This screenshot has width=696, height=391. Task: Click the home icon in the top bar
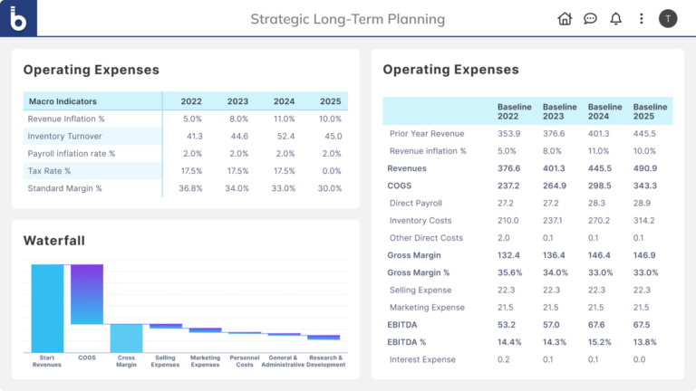(x=565, y=18)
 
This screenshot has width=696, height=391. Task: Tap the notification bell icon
(x=616, y=18)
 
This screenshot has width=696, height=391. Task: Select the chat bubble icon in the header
(x=590, y=18)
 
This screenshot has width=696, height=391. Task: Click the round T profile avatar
(x=668, y=18)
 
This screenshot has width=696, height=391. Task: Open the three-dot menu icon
(x=642, y=18)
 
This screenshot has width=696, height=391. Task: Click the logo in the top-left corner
(x=18, y=18)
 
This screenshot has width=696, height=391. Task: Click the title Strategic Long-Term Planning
(x=347, y=19)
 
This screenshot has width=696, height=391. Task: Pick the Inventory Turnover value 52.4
(x=285, y=136)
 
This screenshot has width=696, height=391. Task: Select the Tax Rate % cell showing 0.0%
(x=330, y=171)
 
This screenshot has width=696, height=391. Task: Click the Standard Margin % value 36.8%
(x=191, y=188)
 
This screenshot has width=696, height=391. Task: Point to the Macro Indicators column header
(x=63, y=101)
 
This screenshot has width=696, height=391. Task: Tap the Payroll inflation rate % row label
(x=72, y=154)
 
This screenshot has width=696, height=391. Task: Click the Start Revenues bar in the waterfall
(x=47, y=308)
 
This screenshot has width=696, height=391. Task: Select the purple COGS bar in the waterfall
(x=87, y=294)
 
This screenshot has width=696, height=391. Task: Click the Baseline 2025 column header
(x=650, y=112)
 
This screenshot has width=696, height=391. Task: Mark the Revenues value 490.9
(x=644, y=168)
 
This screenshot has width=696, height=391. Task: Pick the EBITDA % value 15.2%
(x=599, y=342)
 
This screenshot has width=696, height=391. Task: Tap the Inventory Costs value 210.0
(x=509, y=221)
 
